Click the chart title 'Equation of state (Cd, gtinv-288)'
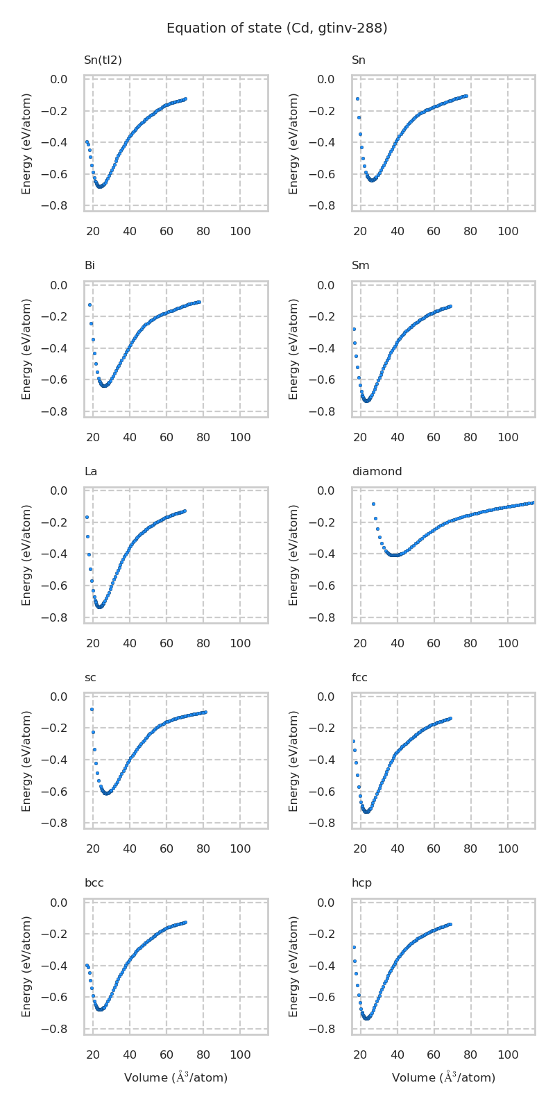[x=277, y=28]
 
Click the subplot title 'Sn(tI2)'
[x=103, y=60]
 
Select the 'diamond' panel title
[x=377, y=472]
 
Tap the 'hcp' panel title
[x=361, y=883]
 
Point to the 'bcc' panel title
[x=94, y=883]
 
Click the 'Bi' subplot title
[x=89, y=266]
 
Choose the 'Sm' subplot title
[x=360, y=266]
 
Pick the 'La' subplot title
[x=90, y=472]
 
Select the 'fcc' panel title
[x=359, y=678]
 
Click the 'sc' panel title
[x=90, y=678]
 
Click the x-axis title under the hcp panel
[x=443, y=1077]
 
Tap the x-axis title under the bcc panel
[x=176, y=1077]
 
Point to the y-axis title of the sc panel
[x=26, y=760]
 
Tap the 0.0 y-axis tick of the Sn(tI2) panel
[x=58, y=80]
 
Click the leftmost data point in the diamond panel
[x=373, y=504]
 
